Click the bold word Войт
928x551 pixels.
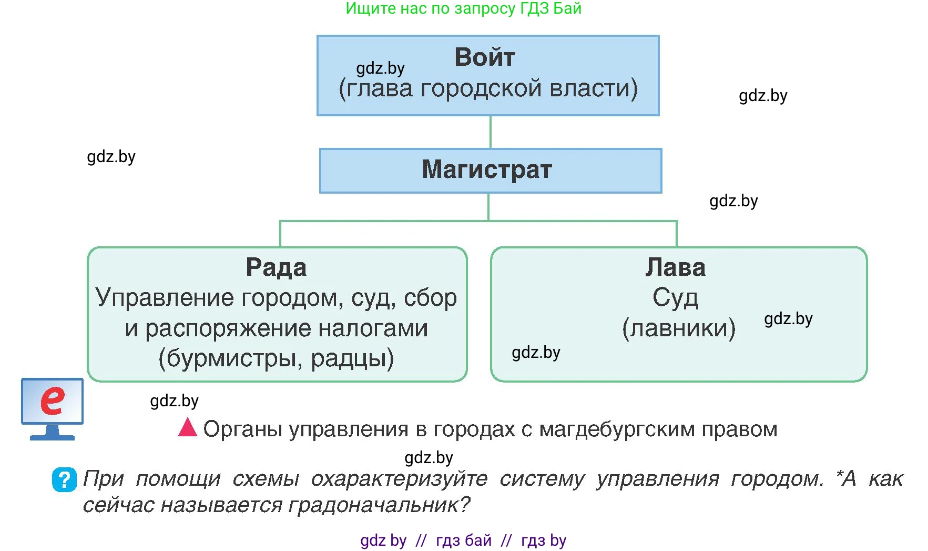(x=484, y=57)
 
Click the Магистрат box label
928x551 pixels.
(x=487, y=169)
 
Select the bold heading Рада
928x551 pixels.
(x=276, y=267)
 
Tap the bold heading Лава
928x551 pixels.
(x=675, y=267)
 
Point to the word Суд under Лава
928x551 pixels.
(x=675, y=298)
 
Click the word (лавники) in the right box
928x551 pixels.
(x=678, y=328)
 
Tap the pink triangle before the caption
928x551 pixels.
(x=187, y=427)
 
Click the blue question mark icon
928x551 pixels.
(x=64, y=479)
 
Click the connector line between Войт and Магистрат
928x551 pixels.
(x=490, y=132)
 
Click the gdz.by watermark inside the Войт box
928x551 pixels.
(x=380, y=68)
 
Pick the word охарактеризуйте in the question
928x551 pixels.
(x=399, y=479)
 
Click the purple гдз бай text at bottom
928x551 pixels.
(x=463, y=540)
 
